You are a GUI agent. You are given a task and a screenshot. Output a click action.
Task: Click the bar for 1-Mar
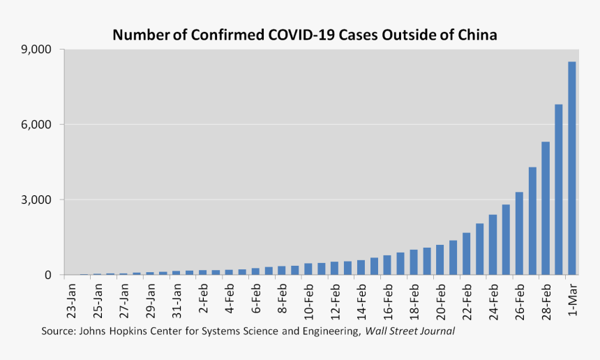point(572,168)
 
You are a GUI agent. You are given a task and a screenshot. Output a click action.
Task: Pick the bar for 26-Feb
point(519,233)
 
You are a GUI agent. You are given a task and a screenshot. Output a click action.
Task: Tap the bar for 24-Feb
point(493,245)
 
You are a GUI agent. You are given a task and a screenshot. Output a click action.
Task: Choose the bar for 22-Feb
point(466,254)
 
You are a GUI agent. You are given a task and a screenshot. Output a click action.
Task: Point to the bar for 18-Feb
point(414,262)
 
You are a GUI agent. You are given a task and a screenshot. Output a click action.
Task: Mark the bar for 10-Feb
point(308,269)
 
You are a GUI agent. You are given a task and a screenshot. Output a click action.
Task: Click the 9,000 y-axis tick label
point(38,50)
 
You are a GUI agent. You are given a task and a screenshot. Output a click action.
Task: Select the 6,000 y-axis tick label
point(38,125)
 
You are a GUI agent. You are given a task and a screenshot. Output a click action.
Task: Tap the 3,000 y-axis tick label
point(38,200)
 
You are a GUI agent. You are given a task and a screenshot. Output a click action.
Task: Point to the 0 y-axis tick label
point(48,275)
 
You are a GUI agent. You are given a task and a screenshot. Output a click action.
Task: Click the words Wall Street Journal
point(410,331)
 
